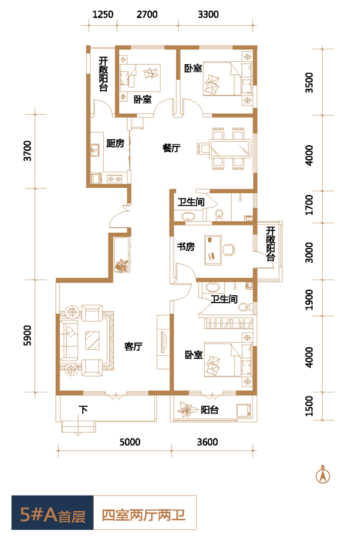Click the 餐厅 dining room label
tap(172, 148)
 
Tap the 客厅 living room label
tap(133, 346)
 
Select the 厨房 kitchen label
tap(115, 143)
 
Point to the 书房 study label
tap(185, 247)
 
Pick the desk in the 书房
tap(213, 250)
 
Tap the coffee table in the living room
tap(92, 340)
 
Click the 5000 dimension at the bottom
tap(130, 442)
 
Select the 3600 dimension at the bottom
tap(208, 442)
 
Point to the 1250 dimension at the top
tap(103, 14)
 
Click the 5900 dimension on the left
tap(27, 335)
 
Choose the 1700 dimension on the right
tap(310, 205)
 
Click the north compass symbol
tap(323, 474)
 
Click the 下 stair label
tap(83, 410)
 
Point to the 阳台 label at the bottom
tap(209, 410)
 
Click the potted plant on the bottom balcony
tap(187, 409)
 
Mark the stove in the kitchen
tap(115, 179)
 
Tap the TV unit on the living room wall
tap(163, 342)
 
